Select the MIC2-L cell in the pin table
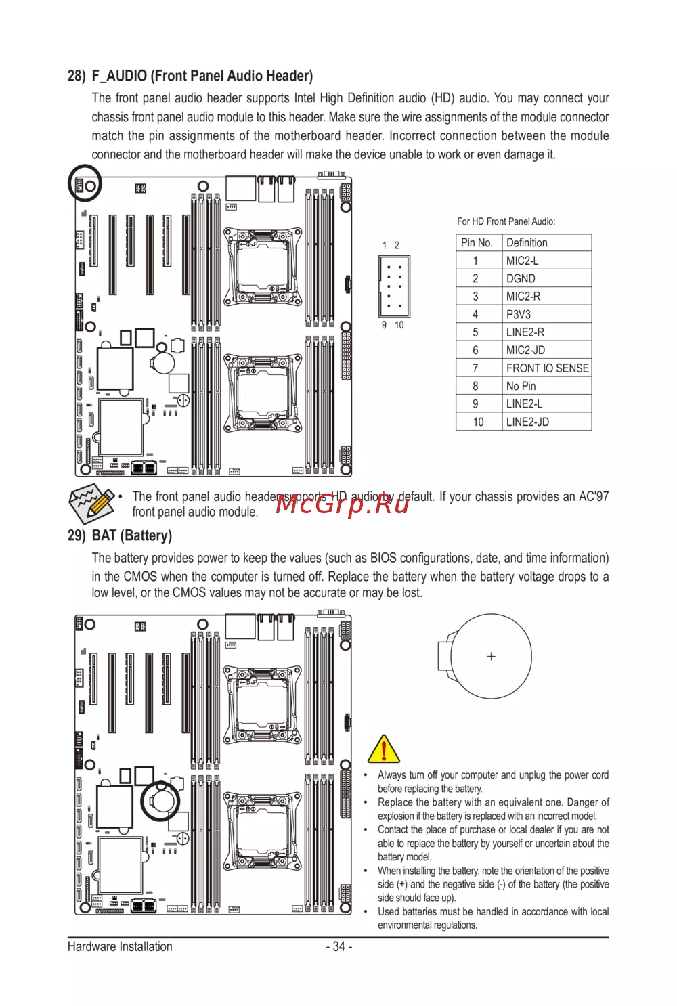click(523, 261)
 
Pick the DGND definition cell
click(521, 278)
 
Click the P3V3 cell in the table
click(519, 314)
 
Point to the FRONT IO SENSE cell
click(547, 368)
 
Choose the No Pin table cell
click(521, 386)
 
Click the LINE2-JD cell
click(527, 422)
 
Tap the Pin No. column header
click(477, 242)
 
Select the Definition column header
click(527, 242)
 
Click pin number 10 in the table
click(478, 422)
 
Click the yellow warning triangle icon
click(384, 749)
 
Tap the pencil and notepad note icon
click(91, 504)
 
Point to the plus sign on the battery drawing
click(492, 656)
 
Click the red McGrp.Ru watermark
click(343, 504)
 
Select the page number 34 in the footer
click(339, 946)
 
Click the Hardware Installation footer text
click(120, 946)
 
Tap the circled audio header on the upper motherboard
click(85, 184)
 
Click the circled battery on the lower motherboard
click(161, 801)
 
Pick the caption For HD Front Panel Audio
click(506, 221)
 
